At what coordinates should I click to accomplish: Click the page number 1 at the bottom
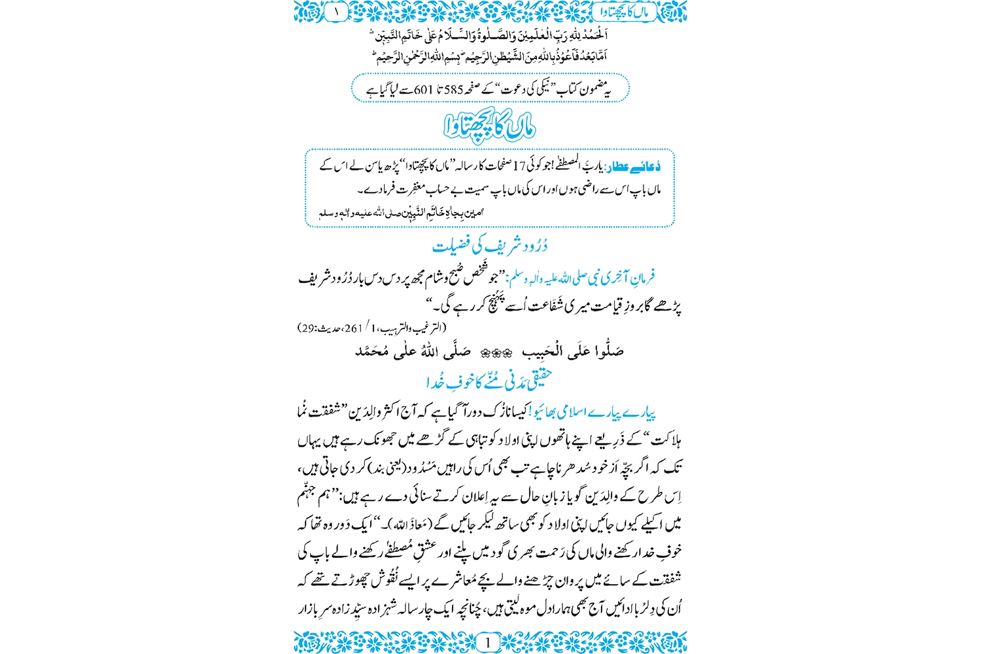(487, 642)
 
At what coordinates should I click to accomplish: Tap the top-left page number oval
(337, 11)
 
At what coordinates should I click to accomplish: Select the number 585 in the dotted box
(454, 89)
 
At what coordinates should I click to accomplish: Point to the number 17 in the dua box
(519, 167)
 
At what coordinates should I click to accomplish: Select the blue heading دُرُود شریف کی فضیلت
(490, 246)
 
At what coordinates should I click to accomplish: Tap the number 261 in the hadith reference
(353, 328)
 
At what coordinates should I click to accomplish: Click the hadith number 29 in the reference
(307, 328)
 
